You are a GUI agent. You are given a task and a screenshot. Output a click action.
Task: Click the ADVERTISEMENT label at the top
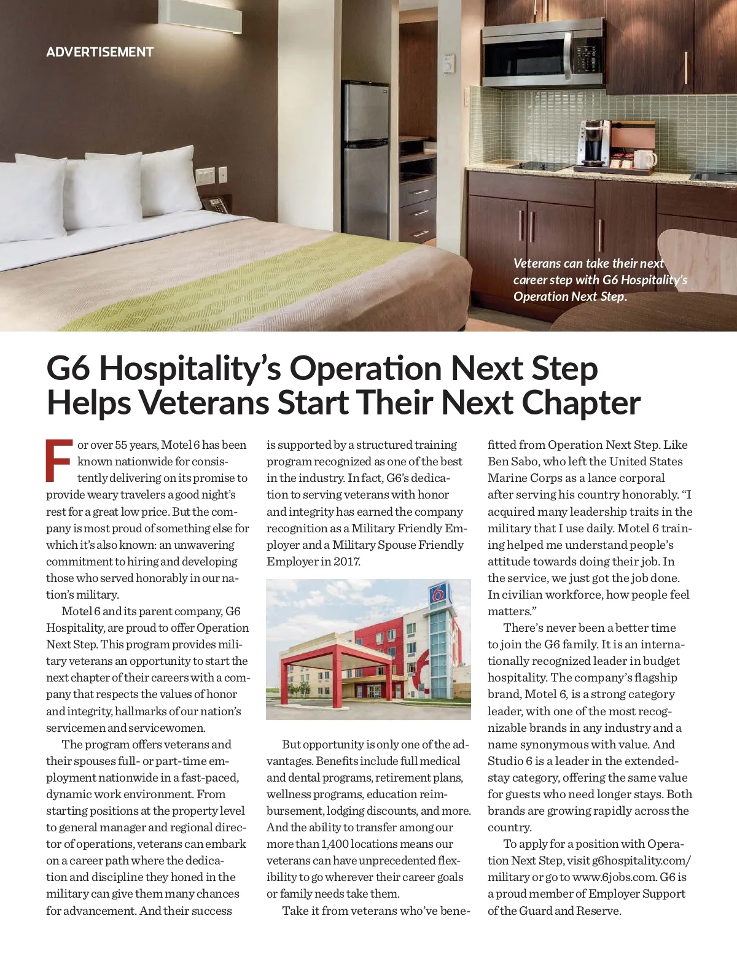[x=99, y=52]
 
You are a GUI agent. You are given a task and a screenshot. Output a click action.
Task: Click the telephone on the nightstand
[x=216, y=204]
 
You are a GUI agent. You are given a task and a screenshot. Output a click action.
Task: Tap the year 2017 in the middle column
[x=348, y=561]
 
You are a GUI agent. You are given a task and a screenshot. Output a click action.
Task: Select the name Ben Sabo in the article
[x=515, y=461]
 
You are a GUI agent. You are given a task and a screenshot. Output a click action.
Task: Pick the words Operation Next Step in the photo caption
[x=568, y=297]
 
